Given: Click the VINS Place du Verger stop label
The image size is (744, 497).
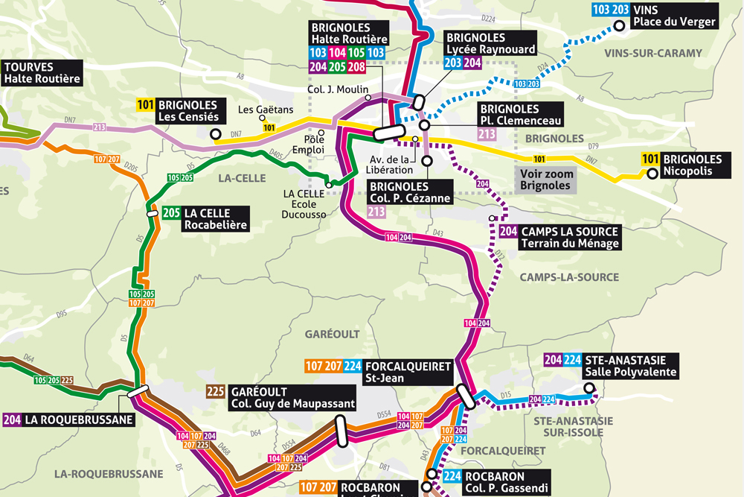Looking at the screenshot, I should (x=673, y=16).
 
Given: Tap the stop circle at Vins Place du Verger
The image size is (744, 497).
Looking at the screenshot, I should (x=618, y=27).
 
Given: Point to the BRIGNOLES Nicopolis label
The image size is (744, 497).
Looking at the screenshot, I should (x=692, y=165).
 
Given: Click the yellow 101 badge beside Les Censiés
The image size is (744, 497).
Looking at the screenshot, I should (x=146, y=105).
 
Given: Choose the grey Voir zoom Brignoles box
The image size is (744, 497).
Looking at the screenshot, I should (x=547, y=179).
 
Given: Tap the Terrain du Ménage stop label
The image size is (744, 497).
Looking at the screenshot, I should (x=570, y=238).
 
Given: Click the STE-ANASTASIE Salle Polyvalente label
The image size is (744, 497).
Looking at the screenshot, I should (x=630, y=365).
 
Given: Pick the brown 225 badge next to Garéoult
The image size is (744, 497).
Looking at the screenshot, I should (x=216, y=392).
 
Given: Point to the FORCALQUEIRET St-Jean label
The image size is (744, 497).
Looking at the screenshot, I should (x=408, y=373).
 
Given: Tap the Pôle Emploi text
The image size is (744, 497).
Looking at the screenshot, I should (x=314, y=145).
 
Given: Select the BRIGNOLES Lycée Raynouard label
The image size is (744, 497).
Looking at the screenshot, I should (x=490, y=43).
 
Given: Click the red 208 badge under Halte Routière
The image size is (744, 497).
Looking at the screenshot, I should (x=356, y=66).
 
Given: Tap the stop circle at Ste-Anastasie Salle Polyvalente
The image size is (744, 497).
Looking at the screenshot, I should (x=589, y=387).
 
